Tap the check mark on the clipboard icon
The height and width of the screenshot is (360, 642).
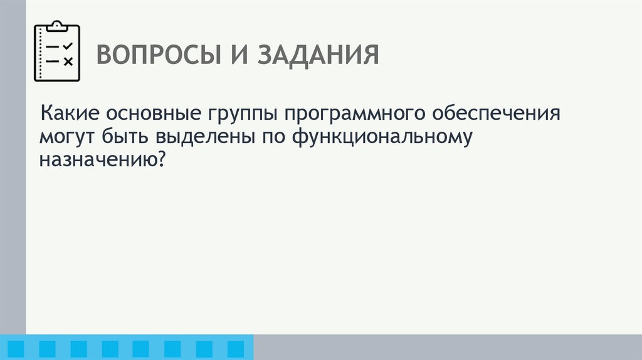pyautogui.click(x=68, y=46)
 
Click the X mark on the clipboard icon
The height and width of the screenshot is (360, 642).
pyautogui.click(x=68, y=61)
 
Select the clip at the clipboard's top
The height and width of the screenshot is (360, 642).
pyautogui.click(x=57, y=26)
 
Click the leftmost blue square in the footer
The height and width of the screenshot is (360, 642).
pyautogui.click(x=16, y=349)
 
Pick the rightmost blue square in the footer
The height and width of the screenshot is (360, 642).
pyautogui.click(x=235, y=349)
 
